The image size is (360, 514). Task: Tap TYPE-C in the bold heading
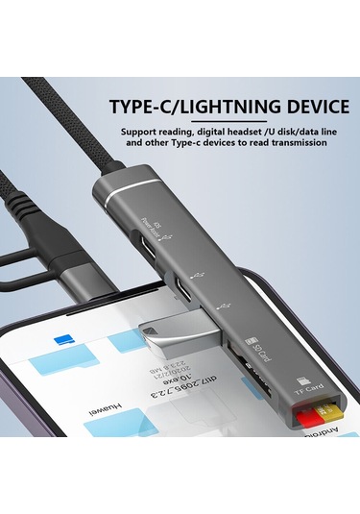click(143, 106)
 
